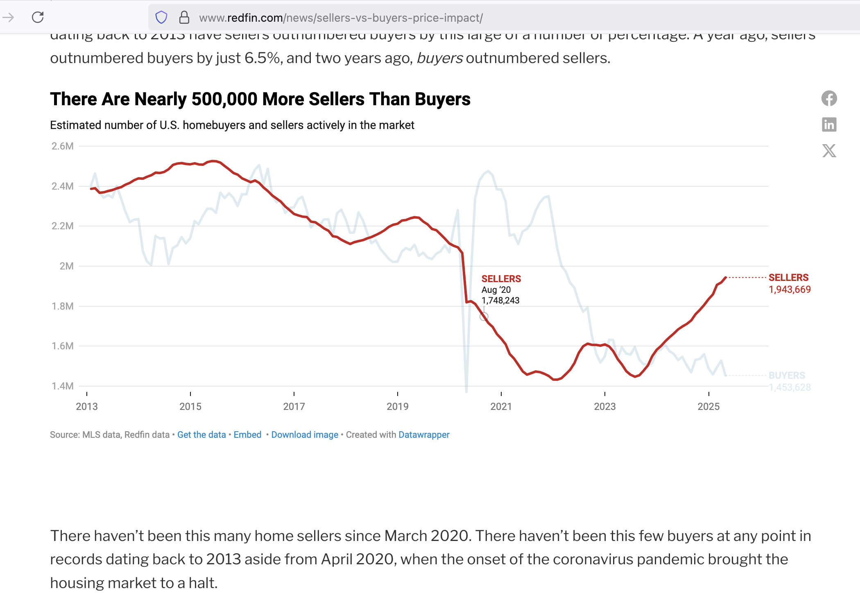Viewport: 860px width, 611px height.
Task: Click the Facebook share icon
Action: [829, 98]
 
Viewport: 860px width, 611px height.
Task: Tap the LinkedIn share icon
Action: [829, 124]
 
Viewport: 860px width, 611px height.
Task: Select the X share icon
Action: [829, 151]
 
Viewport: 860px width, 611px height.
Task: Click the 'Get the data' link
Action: [201, 434]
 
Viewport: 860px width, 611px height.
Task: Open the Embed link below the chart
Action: [247, 434]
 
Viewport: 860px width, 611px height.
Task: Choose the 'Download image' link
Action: [305, 434]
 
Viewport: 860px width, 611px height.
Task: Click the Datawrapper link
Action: [424, 434]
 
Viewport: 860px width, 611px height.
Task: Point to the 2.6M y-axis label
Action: [63, 146]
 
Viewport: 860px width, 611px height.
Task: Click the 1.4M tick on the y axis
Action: [63, 386]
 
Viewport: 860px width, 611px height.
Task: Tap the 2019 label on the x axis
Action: [397, 406]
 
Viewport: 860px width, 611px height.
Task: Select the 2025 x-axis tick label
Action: [708, 406]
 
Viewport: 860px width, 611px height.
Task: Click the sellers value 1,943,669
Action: [790, 290]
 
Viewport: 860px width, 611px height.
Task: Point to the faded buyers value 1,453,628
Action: [790, 387]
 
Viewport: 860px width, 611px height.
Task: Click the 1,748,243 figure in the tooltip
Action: [500, 301]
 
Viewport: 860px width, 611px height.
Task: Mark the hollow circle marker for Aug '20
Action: [484, 317]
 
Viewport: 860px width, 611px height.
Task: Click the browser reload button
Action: [38, 17]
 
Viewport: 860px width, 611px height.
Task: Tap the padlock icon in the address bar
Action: [184, 17]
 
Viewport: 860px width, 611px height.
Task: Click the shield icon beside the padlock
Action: [161, 17]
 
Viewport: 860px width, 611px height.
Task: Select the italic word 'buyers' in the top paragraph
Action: [439, 58]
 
